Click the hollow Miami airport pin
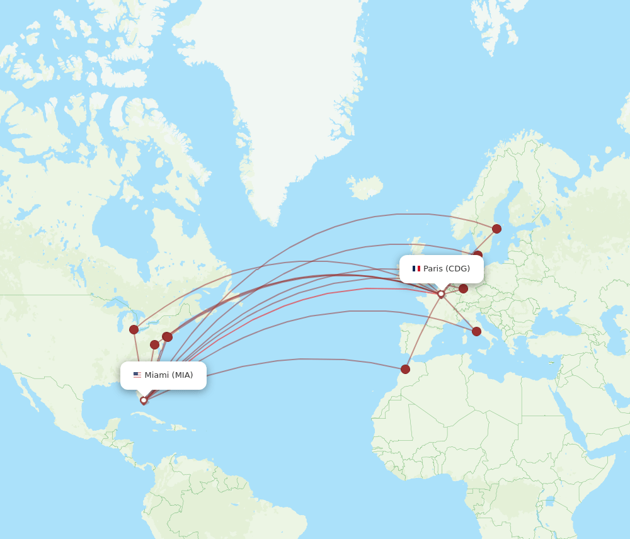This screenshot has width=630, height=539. coord(144,400)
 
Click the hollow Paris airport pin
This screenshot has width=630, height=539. coord(441,293)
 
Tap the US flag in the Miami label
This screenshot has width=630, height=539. coord(137,375)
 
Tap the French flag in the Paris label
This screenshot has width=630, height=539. coord(416,269)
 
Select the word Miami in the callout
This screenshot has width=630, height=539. coord(157,375)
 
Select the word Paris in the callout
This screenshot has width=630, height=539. coord(433,269)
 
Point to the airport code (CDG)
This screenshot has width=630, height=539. coord(458,269)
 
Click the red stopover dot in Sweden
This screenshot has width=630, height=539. coord(496,229)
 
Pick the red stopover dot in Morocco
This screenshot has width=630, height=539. coord(405,369)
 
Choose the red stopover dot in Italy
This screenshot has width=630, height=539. coord(476,331)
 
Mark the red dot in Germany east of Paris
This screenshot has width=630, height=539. coord(463,288)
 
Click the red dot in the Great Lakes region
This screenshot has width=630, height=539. coord(134,329)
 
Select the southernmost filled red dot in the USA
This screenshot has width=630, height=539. coord(154,344)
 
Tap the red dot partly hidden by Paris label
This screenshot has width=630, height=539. coord(478,255)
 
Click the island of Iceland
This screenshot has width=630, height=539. coord(365,187)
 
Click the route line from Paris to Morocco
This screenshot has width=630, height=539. coord(423,331)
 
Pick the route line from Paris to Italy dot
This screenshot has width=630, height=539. coord(459,312)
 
